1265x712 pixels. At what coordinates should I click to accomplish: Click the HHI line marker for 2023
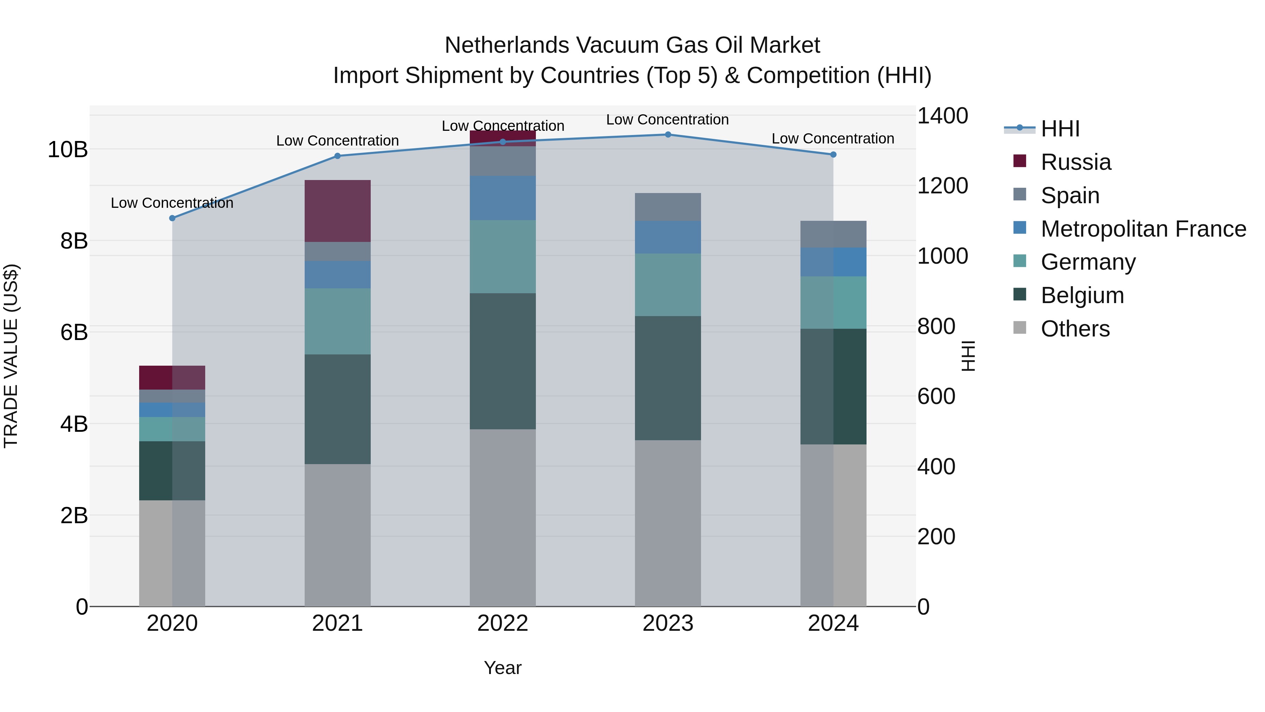point(668,135)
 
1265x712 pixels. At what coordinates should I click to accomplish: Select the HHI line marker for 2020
point(173,218)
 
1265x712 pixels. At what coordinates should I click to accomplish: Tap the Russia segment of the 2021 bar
point(337,211)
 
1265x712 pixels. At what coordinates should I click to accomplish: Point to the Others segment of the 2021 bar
point(337,535)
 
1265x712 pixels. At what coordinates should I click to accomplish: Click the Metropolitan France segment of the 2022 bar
point(502,198)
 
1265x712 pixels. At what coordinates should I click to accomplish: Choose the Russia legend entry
point(1076,162)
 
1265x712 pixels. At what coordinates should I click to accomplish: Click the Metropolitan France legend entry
point(1143,229)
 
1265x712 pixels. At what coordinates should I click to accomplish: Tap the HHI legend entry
point(1060,129)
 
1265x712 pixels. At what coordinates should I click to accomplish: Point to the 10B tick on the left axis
point(68,149)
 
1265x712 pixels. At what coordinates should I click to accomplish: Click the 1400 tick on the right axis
point(942,116)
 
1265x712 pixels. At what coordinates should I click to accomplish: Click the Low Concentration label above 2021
point(337,141)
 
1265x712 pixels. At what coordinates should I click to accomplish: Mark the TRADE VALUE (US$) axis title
point(11,356)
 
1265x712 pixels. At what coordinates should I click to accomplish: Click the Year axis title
point(502,668)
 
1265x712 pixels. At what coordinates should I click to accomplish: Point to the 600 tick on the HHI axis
point(936,397)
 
